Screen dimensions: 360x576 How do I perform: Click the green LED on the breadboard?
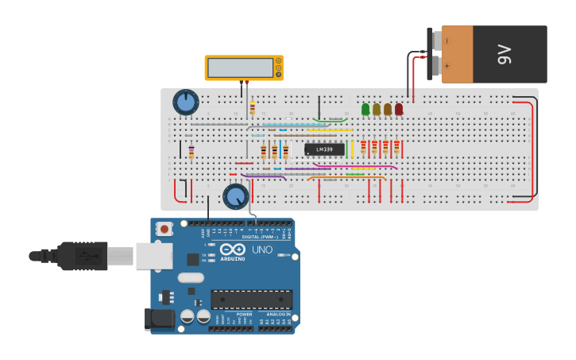[365, 110]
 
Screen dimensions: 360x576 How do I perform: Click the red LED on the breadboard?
[399, 110]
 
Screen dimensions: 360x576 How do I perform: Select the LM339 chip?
[324, 149]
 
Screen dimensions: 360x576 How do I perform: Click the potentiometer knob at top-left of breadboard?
[186, 102]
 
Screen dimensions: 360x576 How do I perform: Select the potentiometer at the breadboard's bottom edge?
[236, 195]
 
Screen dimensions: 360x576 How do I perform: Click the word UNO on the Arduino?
[262, 250]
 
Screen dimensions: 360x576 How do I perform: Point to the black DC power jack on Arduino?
[160, 319]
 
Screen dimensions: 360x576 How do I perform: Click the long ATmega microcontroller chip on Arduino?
[251, 300]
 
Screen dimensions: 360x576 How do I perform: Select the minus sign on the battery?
[446, 40]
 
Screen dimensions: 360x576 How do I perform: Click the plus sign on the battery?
[446, 67]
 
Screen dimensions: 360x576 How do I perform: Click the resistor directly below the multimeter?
[253, 108]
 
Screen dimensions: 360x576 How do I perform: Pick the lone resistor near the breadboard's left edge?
[191, 152]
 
